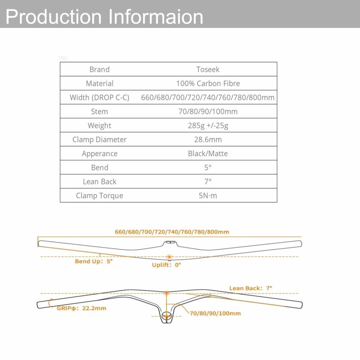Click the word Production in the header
pyautogui.click(x=53, y=17)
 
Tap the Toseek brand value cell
pyautogui.click(x=208, y=69)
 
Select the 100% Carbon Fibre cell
pyautogui.click(x=208, y=83)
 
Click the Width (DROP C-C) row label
pyautogui.click(x=99, y=98)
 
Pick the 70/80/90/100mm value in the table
pyautogui.click(x=208, y=112)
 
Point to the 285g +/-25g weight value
pyautogui.click(x=208, y=126)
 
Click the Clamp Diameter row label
pyautogui.click(x=99, y=139)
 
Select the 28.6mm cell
pyautogui.click(x=208, y=139)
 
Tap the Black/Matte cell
pyautogui.click(x=208, y=153)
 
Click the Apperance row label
pyautogui.click(x=99, y=154)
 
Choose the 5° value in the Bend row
pyautogui.click(x=208, y=167)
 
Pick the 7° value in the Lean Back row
pyautogui.click(x=208, y=182)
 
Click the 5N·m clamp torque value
pyautogui.click(x=208, y=196)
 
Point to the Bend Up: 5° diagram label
pyautogui.click(x=94, y=261)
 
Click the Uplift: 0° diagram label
pyautogui.click(x=166, y=265)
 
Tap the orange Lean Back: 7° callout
pyautogui.click(x=251, y=288)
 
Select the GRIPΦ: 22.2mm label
pyautogui.click(x=81, y=308)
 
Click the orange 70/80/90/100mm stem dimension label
pyautogui.click(x=216, y=313)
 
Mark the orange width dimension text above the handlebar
pyautogui.click(x=172, y=232)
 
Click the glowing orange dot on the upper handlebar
pyautogui.click(x=169, y=256)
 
